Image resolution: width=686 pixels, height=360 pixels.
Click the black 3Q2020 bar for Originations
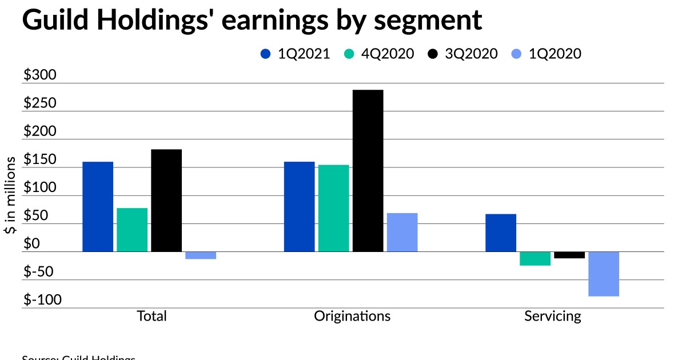(368, 170)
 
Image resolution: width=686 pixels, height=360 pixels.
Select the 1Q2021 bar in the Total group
(98, 206)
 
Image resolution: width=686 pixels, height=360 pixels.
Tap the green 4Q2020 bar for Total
(132, 230)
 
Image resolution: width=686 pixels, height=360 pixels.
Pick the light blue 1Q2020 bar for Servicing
(604, 274)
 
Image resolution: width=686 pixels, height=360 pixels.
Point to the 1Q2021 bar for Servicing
(501, 233)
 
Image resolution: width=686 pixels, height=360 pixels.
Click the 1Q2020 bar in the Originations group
(402, 232)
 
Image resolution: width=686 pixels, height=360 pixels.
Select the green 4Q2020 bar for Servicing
(535, 258)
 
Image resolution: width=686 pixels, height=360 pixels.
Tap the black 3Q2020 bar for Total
(166, 200)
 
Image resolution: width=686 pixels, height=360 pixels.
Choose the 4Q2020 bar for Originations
(333, 208)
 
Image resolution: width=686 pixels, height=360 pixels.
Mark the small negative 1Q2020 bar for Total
(201, 255)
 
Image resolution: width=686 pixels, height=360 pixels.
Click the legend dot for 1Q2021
(265, 54)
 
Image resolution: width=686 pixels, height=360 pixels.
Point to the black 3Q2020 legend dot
(433, 54)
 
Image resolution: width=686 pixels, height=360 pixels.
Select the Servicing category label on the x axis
(553, 316)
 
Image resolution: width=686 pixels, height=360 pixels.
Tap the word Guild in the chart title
(54, 20)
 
